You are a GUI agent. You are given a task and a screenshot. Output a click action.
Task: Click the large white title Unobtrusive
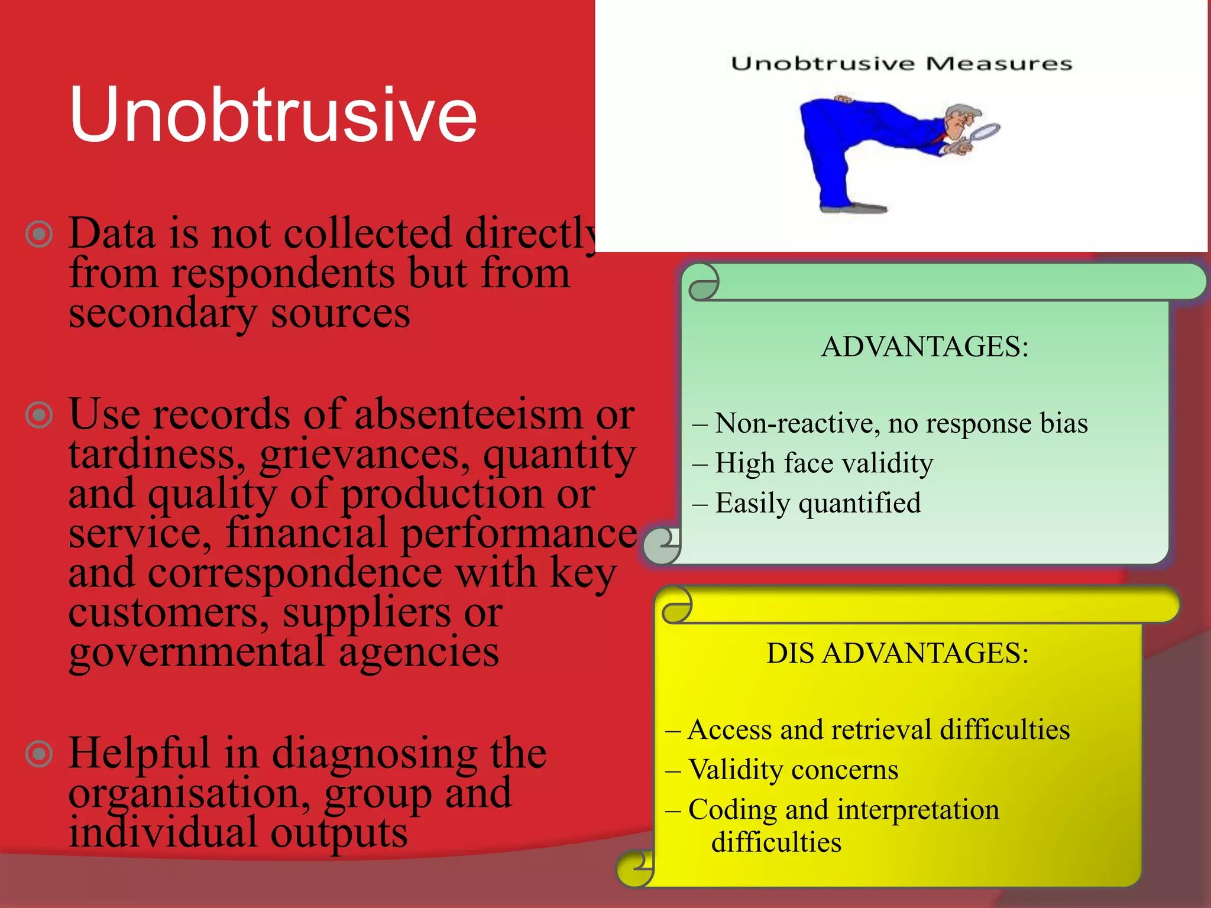click(x=273, y=115)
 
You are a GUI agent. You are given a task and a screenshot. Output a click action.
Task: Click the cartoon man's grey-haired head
click(x=961, y=118)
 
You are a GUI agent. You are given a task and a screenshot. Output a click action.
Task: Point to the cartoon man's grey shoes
click(x=854, y=207)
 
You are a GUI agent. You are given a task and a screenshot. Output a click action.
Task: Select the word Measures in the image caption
click(x=999, y=63)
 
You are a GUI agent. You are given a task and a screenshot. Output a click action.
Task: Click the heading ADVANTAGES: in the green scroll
click(x=925, y=346)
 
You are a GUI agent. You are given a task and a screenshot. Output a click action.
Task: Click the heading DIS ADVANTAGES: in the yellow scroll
click(x=898, y=653)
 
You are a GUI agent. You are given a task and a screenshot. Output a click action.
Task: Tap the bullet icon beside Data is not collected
click(x=40, y=235)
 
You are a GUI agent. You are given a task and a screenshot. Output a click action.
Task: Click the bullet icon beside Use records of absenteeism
click(x=40, y=415)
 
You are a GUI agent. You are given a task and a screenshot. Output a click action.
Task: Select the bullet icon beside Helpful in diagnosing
click(x=40, y=754)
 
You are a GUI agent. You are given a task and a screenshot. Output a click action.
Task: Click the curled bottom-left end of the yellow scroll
click(x=634, y=868)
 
